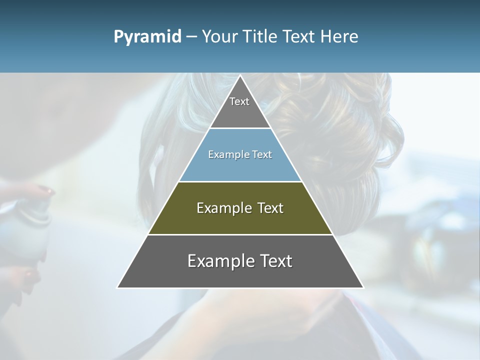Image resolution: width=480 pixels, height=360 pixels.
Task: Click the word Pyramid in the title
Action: coord(147,37)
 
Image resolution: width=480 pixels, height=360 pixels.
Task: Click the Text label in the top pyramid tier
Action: coord(239,101)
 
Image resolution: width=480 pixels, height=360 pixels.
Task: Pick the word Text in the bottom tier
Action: coord(275,261)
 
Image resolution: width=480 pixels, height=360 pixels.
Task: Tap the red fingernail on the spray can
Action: coord(45,189)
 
